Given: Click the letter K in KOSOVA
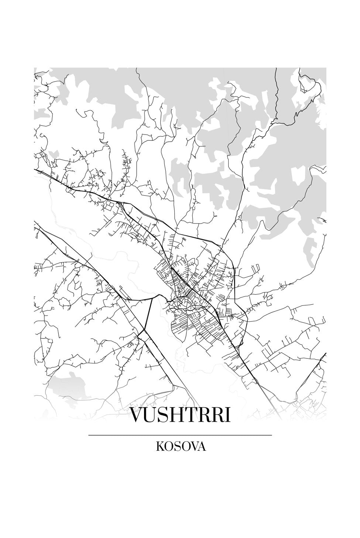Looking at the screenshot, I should click(160, 447).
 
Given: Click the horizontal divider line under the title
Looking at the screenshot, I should click(180, 436).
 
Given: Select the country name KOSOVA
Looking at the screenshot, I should click(181, 447).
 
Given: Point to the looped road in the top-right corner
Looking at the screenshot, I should click(308, 83).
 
